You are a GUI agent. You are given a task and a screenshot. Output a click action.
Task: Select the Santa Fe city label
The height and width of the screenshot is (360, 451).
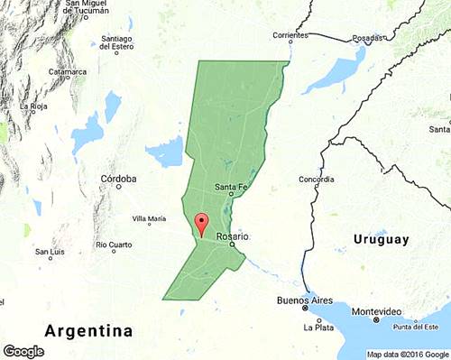click(x=231, y=187)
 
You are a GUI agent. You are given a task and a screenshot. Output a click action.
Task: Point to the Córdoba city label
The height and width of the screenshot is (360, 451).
click(x=118, y=179)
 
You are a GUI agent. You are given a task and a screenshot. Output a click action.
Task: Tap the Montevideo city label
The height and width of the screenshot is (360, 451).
click(x=375, y=312)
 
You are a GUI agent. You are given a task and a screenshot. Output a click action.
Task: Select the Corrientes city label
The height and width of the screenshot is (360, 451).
click(x=290, y=35)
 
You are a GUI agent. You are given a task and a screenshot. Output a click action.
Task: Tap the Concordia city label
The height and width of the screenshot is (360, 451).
click(x=317, y=179)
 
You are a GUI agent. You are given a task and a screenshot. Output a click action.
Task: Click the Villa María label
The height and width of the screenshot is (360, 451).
click(x=149, y=219)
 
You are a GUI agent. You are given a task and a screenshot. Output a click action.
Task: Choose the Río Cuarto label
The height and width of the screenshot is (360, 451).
click(x=114, y=245)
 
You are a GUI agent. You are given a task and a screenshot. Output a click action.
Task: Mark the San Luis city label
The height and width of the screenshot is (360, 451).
click(x=50, y=254)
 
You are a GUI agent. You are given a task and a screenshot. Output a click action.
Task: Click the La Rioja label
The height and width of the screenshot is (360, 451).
click(x=32, y=106)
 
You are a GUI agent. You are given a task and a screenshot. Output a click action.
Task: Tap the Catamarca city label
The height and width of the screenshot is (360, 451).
click(x=68, y=71)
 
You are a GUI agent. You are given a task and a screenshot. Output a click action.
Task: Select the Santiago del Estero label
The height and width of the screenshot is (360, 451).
click(x=123, y=43)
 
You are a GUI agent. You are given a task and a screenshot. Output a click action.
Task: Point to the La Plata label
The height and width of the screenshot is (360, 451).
click(x=318, y=327)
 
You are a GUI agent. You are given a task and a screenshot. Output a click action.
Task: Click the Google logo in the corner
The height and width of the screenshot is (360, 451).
click(x=23, y=350)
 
